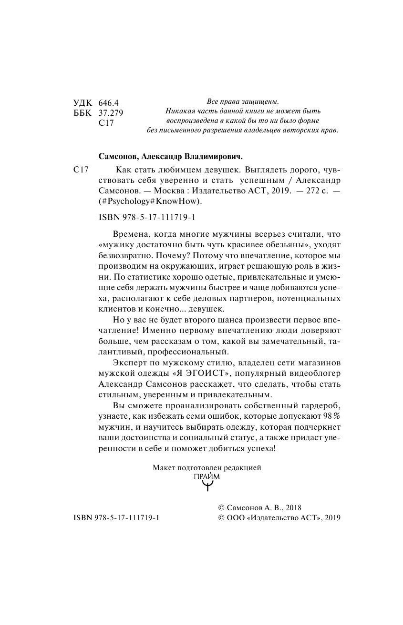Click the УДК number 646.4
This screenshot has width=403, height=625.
click(x=108, y=103)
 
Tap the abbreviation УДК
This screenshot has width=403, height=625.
click(x=83, y=103)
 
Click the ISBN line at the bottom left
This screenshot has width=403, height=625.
click(x=116, y=519)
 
